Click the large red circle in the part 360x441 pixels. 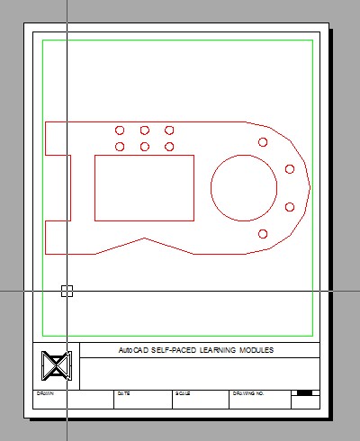point(244,187)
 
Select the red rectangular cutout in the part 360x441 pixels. point(144,187)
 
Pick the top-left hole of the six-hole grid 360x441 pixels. point(120,130)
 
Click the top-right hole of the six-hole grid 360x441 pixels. point(169,130)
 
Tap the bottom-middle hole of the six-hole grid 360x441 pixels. point(145,146)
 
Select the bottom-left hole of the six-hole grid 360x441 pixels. point(120,146)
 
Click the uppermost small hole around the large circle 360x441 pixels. point(263,141)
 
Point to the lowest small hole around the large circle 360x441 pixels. point(263,234)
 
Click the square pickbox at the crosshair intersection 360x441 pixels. point(67,290)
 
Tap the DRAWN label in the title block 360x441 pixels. point(45,393)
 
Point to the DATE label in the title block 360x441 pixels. point(123,393)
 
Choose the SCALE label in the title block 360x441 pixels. point(183,393)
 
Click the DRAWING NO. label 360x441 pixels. point(247,393)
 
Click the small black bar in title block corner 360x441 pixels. point(304,392)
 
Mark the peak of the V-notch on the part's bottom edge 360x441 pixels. point(143,238)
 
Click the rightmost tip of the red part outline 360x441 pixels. point(310,187)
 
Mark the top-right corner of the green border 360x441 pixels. point(312,40)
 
